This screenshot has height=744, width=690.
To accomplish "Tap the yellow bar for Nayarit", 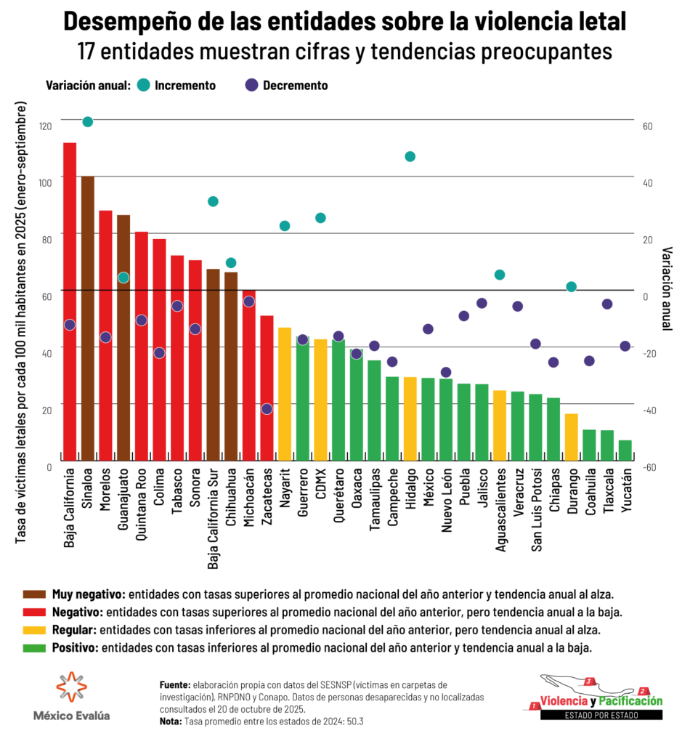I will coord(285,393).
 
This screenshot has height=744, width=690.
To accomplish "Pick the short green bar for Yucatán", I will coord(625,450).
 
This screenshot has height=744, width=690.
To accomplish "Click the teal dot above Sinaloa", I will coord(88,121).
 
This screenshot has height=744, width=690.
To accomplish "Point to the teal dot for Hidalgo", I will coord(410,156).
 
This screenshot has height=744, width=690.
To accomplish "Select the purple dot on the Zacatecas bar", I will coord(267,408).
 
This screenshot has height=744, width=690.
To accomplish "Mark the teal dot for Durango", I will coord(571,286).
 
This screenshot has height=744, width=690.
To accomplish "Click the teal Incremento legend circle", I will coord(143,85).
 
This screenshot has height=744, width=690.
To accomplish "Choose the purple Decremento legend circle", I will coord(251,85).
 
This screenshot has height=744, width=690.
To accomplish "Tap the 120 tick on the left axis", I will coord(46,126).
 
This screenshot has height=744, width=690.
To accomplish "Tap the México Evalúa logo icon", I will coord(72,687).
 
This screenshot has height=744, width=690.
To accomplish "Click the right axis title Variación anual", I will coord(667,289).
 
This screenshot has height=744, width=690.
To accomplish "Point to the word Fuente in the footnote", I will coord(175,684).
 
